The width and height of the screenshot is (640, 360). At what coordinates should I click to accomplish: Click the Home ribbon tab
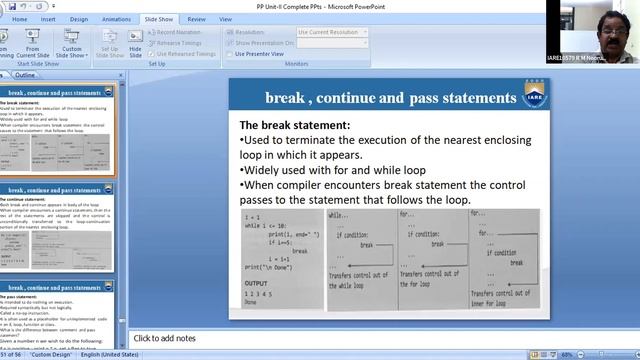pos(17,18)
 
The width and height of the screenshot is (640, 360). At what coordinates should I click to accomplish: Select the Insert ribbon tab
pos(48,18)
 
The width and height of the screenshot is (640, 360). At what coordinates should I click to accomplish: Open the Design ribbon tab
pos(79,18)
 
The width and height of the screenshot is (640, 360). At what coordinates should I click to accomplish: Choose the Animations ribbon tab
pos(116,18)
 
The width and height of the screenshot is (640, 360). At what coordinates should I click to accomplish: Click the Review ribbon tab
pos(196,18)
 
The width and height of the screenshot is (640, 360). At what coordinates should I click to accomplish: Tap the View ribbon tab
pos(226,18)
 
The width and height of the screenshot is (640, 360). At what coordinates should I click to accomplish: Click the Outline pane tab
pos(25,75)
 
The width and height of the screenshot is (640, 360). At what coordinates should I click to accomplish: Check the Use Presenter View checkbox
pos(231,53)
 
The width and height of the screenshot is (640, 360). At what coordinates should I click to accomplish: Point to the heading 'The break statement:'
pos(295,125)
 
